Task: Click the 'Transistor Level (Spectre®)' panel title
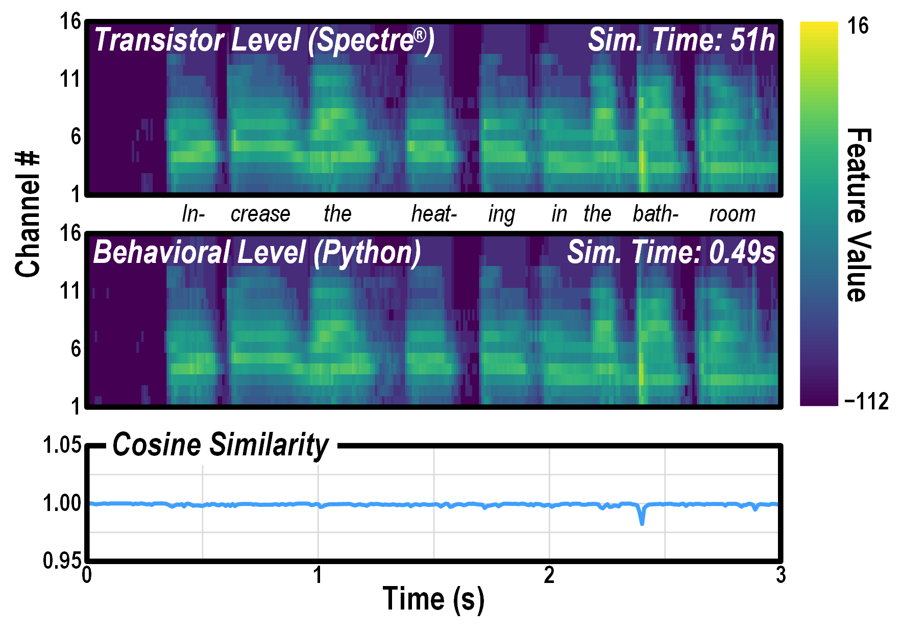(264, 40)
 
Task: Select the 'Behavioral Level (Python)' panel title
(257, 252)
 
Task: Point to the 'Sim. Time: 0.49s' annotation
(671, 252)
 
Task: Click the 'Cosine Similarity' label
(221, 445)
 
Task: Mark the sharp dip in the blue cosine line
(642, 521)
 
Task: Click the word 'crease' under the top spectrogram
(260, 214)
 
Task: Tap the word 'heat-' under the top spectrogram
(434, 214)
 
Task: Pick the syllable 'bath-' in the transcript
(655, 214)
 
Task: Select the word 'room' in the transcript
(732, 214)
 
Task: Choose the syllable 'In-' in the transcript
(193, 214)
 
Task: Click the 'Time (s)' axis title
(433, 599)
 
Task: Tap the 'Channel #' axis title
(28, 214)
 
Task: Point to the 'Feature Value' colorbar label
(859, 214)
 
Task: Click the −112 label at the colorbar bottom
(866, 402)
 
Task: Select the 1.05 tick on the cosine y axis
(62, 445)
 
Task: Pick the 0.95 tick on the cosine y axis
(62, 561)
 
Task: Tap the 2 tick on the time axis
(549, 575)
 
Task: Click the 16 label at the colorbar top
(858, 26)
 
